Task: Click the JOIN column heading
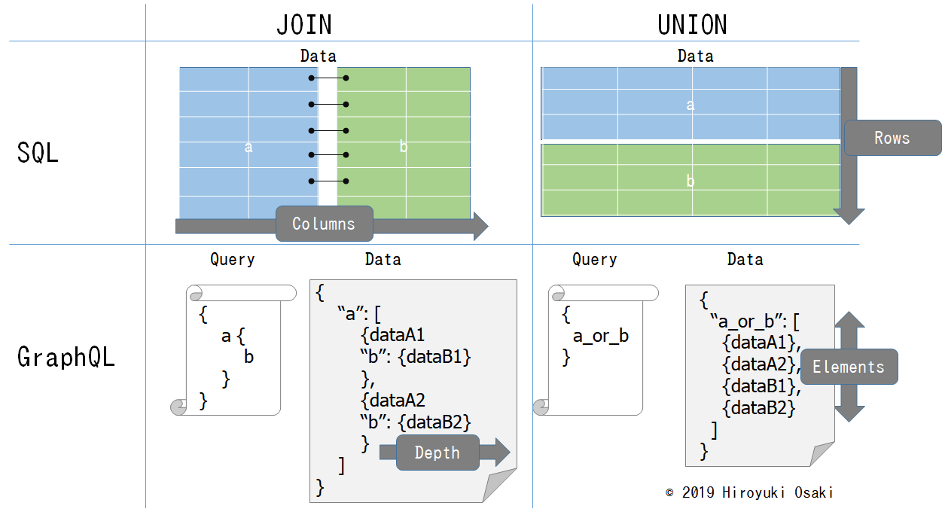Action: (304, 25)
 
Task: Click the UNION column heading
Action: (692, 25)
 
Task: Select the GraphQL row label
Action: (66, 357)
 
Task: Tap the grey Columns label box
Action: (323, 224)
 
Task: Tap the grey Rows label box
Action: (892, 138)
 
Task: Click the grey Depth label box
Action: (437, 453)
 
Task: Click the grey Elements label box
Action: (848, 367)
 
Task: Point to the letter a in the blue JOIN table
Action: (248, 148)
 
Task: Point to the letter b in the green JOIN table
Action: (403, 148)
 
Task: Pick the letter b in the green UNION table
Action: (690, 181)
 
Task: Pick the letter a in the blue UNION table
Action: (690, 105)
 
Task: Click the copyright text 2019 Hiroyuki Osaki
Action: (749, 493)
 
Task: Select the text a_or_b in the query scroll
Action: (600, 336)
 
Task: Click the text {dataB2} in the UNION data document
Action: (758, 408)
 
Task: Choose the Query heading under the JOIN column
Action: (232, 260)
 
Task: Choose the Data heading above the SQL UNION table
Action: (694, 56)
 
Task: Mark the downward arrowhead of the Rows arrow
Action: (849, 215)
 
